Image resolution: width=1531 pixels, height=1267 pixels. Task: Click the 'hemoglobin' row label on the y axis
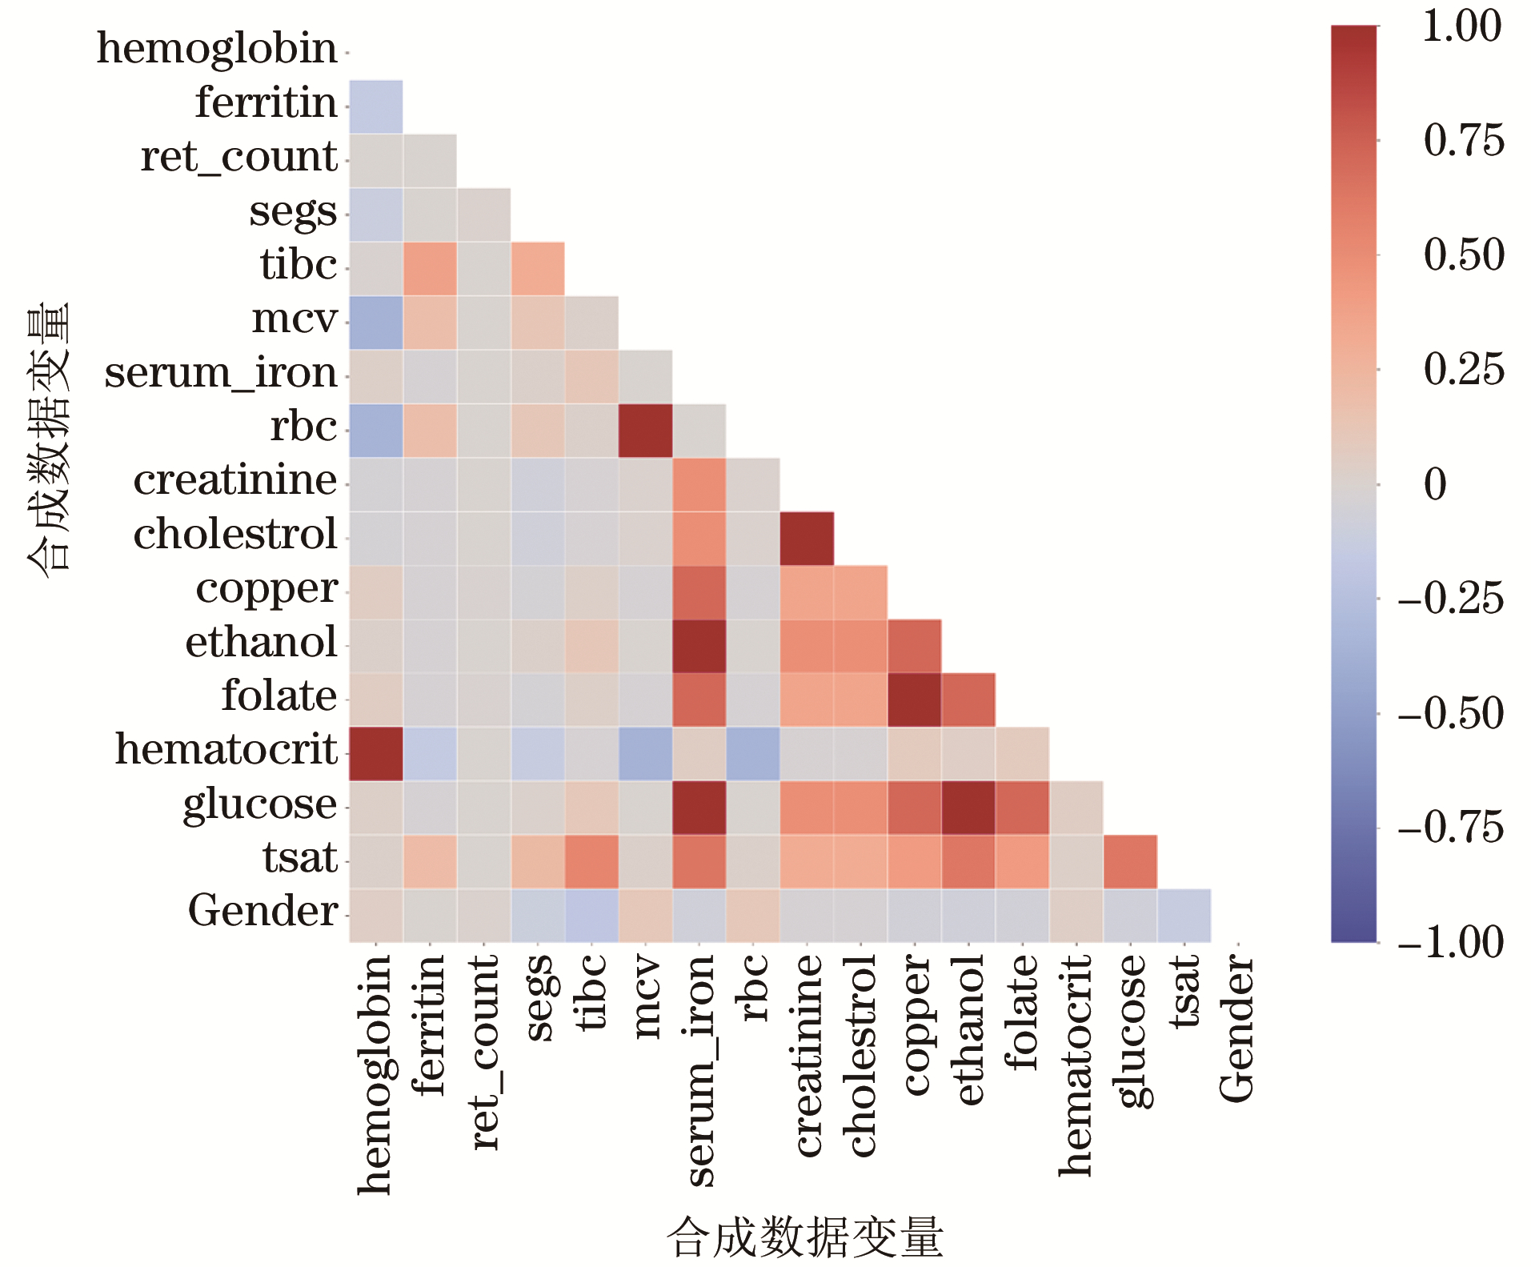pyautogui.click(x=217, y=50)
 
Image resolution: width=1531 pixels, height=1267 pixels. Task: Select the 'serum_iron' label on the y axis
pyautogui.click(x=221, y=374)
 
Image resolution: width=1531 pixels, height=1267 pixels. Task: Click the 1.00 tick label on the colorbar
pyautogui.click(x=1461, y=26)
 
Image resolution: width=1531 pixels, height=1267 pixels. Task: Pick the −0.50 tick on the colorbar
pyautogui.click(x=1451, y=713)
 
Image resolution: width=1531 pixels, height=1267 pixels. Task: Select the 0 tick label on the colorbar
pyautogui.click(x=1435, y=484)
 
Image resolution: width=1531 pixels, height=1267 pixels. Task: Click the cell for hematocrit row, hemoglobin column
pyautogui.click(x=376, y=754)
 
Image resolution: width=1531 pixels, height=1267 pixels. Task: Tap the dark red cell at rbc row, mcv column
pyautogui.click(x=645, y=431)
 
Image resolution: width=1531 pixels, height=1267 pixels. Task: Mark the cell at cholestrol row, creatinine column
pyautogui.click(x=807, y=539)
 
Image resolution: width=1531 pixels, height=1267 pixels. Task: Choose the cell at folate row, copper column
pyautogui.click(x=914, y=700)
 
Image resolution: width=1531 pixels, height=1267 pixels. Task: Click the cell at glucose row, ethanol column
pyautogui.click(x=968, y=808)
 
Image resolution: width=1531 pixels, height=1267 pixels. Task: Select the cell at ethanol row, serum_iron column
pyautogui.click(x=699, y=646)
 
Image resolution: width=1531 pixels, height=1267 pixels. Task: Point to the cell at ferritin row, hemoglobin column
pyautogui.click(x=376, y=106)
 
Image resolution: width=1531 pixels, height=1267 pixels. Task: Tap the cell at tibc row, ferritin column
pyautogui.click(x=430, y=269)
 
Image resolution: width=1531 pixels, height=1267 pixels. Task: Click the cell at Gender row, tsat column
pyautogui.click(x=1184, y=916)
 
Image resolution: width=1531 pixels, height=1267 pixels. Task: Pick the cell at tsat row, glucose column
pyautogui.click(x=1130, y=862)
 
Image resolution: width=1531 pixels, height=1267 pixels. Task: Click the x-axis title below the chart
pyautogui.click(x=805, y=1237)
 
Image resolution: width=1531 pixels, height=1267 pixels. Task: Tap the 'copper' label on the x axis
pyautogui.click(x=915, y=1024)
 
